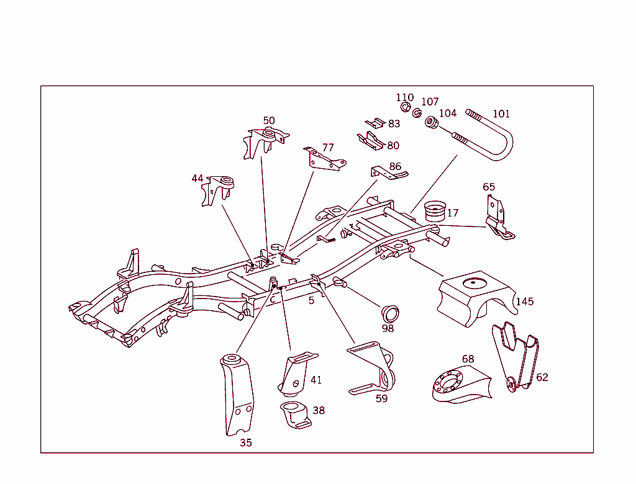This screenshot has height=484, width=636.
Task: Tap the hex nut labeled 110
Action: (x=405, y=107)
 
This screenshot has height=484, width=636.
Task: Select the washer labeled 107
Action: (x=417, y=113)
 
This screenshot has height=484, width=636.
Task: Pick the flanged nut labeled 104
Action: (x=432, y=122)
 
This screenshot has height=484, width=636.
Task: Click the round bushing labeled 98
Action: (x=390, y=314)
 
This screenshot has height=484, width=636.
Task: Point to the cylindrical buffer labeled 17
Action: (x=435, y=211)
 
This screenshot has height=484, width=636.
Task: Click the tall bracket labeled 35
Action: (x=237, y=395)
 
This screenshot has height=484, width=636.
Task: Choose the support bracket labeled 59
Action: (x=371, y=368)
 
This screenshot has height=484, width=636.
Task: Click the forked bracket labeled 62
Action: (x=515, y=357)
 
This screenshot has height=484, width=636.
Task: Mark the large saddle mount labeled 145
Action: (x=477, y=298)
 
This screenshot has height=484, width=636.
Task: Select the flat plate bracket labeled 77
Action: (x=324, y=159)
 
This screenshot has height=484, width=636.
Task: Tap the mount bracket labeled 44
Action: (x=218, y=190)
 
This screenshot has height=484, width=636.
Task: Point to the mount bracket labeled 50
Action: (x=266, y=143)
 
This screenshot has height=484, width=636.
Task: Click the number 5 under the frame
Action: (x=311, y=301)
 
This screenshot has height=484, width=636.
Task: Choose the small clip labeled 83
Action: (x=375, y=123)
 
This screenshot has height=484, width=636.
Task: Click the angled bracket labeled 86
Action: (x=389, y=173)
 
